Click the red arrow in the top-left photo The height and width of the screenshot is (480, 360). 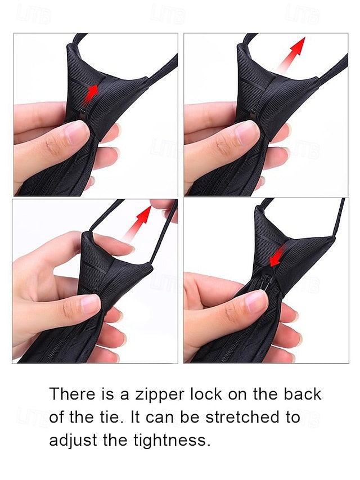(x=92, y=93)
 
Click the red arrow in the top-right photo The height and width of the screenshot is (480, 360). (x=291, y=55)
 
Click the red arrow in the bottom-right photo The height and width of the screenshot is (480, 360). (x=277, y=256)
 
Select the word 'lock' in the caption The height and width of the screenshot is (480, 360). (x=206, y=394)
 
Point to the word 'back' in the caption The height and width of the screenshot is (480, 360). (x=302, y=394)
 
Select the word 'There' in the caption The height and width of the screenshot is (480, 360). (x=72, y=394)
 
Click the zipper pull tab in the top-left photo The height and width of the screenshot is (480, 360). (x=83, y=115)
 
